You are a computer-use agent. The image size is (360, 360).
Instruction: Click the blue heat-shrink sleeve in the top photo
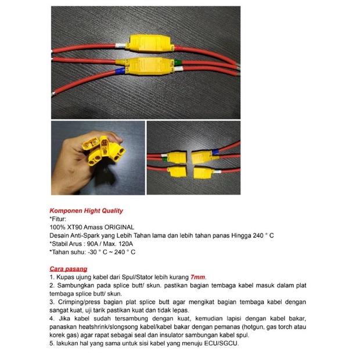[x=120, y=71]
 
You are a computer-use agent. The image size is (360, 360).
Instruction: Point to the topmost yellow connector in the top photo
[x=150, y=43]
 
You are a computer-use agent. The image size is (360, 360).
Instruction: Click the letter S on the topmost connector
[x=128, y=45]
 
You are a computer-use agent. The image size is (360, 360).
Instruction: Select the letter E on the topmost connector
[x=172, y=48]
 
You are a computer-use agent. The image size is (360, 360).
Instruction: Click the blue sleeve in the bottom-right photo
[x=215, y=152]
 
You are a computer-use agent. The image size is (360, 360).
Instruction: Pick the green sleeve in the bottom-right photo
[x=164, y=159]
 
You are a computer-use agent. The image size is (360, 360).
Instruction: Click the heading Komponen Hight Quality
[x=87, y=211]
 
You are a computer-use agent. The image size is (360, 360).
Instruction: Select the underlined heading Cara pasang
[x=69, y=269]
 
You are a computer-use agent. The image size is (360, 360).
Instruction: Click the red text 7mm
[x=197, y=277]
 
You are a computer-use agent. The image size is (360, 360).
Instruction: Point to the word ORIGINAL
[x=119, y=227]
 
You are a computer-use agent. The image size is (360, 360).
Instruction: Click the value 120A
[x=125, y=244]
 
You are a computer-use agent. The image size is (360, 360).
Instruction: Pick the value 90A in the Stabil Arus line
[x=92, y=244]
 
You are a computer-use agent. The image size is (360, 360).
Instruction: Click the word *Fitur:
[x=58, y=219]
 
